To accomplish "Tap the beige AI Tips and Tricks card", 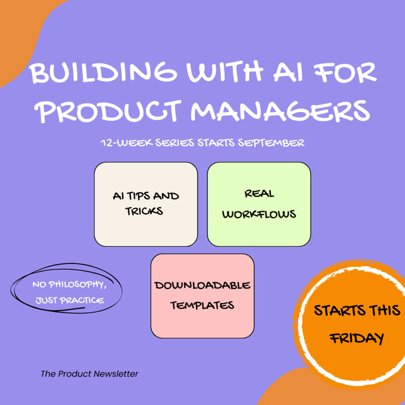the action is (x=146, y=204).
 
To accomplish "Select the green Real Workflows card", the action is (x=259, y=204).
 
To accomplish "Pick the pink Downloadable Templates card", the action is (x=202, y=296).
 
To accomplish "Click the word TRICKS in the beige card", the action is (x=144, y=211).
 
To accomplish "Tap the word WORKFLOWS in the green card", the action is (x=259, y=214).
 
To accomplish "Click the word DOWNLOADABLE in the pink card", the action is (x=202, y=285).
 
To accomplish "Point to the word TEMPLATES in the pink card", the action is (x=202, y=305).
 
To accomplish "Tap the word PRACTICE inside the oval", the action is (x=82, y=300).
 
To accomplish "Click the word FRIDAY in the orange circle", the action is (x=356, y=338).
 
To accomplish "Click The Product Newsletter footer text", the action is (x=89, y=374).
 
